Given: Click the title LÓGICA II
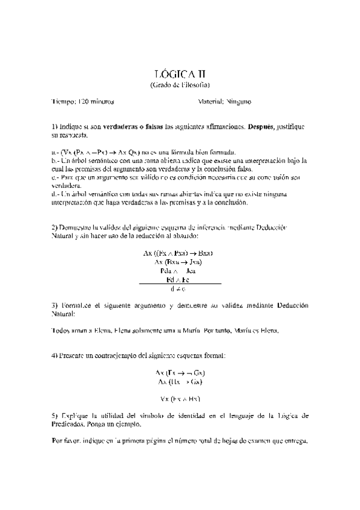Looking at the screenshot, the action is pos(180,75).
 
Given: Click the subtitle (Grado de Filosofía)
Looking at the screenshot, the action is pos(180,85).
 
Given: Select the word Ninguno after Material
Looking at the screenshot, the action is pos(239,102).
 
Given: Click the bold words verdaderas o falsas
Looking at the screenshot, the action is pos(133,127).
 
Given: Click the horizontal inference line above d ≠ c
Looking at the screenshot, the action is pos(180,284).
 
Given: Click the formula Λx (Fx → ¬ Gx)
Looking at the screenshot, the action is pos(180,373).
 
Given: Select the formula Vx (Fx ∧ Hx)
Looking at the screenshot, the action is pos(180,399).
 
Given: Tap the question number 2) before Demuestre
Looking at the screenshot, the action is pos(54,227).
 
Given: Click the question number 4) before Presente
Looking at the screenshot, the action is pos(54,356).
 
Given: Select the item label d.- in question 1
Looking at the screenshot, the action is pos(56,194).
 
